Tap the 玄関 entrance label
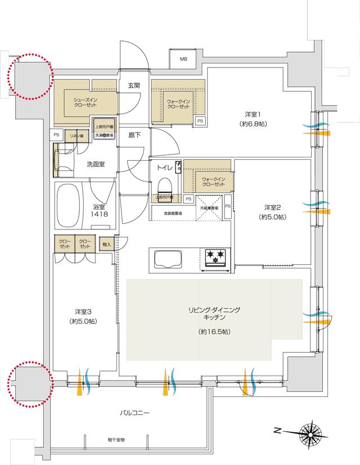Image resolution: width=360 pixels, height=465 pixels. tap(134, 85)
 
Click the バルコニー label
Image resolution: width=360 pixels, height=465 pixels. tap(135, 413)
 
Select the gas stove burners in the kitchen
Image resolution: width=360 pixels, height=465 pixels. tap(214, 258)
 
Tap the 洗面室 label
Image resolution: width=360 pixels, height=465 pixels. tap(96, 165)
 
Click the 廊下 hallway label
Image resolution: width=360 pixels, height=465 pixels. tap(134, 136)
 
